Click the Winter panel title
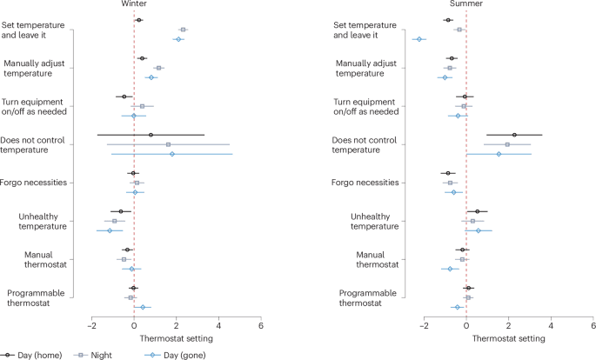(134, 4)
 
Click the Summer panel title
(467, 4)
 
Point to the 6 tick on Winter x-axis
(261, 325)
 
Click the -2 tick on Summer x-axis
(425, 325)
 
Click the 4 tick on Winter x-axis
(218, 325)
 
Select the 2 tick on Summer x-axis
(509, 325)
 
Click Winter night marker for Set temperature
(183, 30)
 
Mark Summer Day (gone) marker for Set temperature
(419, 39)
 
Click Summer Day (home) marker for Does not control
(514, 135)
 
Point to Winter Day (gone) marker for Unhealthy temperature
(110, 230)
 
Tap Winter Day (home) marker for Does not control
(151, 135)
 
